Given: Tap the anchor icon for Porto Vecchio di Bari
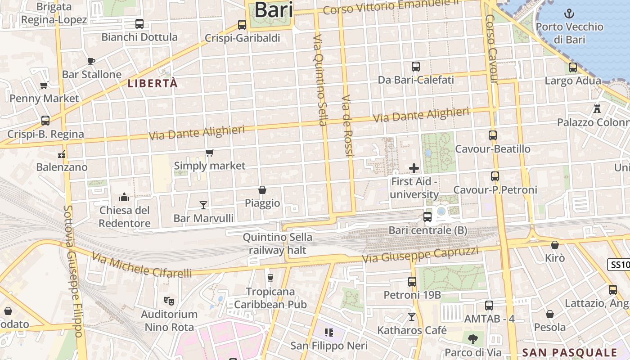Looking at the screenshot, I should pos(569,13).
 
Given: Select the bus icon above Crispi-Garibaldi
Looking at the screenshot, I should pos(242,25).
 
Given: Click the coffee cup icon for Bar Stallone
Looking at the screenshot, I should pos(91,61).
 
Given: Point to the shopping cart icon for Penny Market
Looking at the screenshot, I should pos(44,85).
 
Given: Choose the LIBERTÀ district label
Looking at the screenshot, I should pos(153,83).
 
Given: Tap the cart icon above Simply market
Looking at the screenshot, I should pos(209,153).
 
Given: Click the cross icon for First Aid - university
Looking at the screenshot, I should pos(414,168).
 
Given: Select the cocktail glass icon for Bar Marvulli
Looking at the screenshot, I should pos(203,205).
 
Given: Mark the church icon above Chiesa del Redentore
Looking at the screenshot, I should pos(124,197).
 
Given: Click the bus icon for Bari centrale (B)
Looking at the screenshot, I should pos(427,217).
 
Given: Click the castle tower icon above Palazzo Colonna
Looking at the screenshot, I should pos(597,109).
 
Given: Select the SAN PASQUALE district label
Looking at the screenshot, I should pos(570,352).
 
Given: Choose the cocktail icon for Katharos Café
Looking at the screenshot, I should pos(411,317).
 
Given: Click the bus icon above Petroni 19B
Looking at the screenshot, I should pos(412,282).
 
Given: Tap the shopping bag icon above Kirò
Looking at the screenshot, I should pos(555,245).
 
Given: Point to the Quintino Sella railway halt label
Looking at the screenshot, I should pos(277,243).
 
